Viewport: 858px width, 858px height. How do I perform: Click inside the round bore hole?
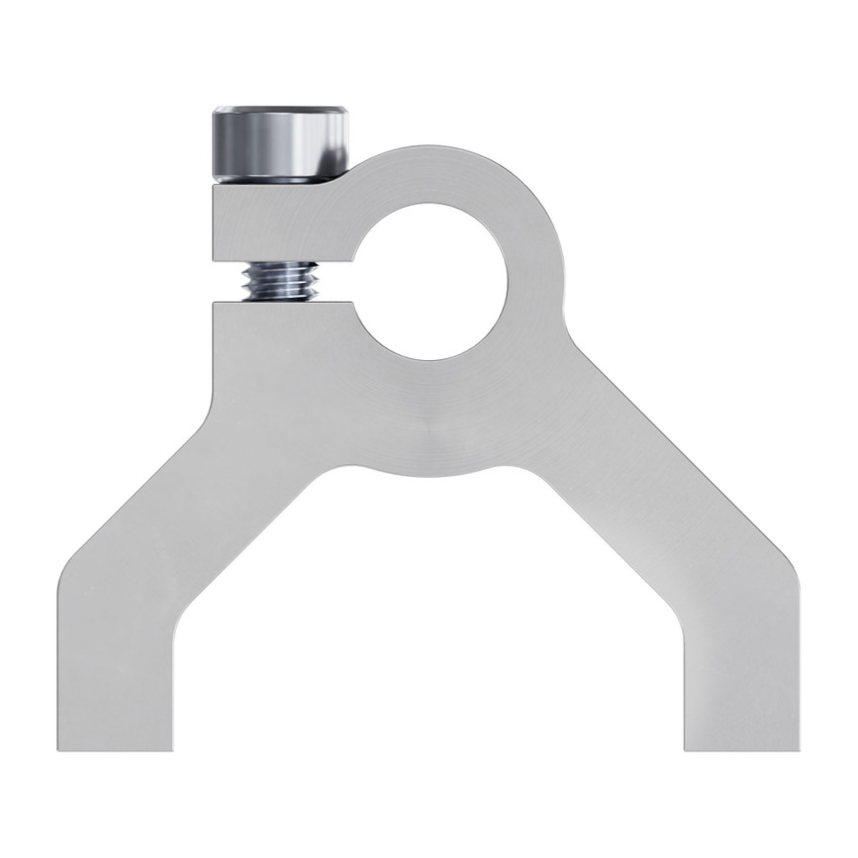pyautogui.click(x=431, y=281)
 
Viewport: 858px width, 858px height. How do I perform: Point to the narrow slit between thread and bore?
pyautogui.click(x=336, y=296)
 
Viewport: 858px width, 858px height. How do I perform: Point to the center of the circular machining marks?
pyautogui.click(x=428, y=428)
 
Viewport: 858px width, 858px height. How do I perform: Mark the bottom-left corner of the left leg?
pyautogui.click(x=62, y=747)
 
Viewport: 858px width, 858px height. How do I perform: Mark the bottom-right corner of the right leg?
pyautogui.click(x=797, y=747)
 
